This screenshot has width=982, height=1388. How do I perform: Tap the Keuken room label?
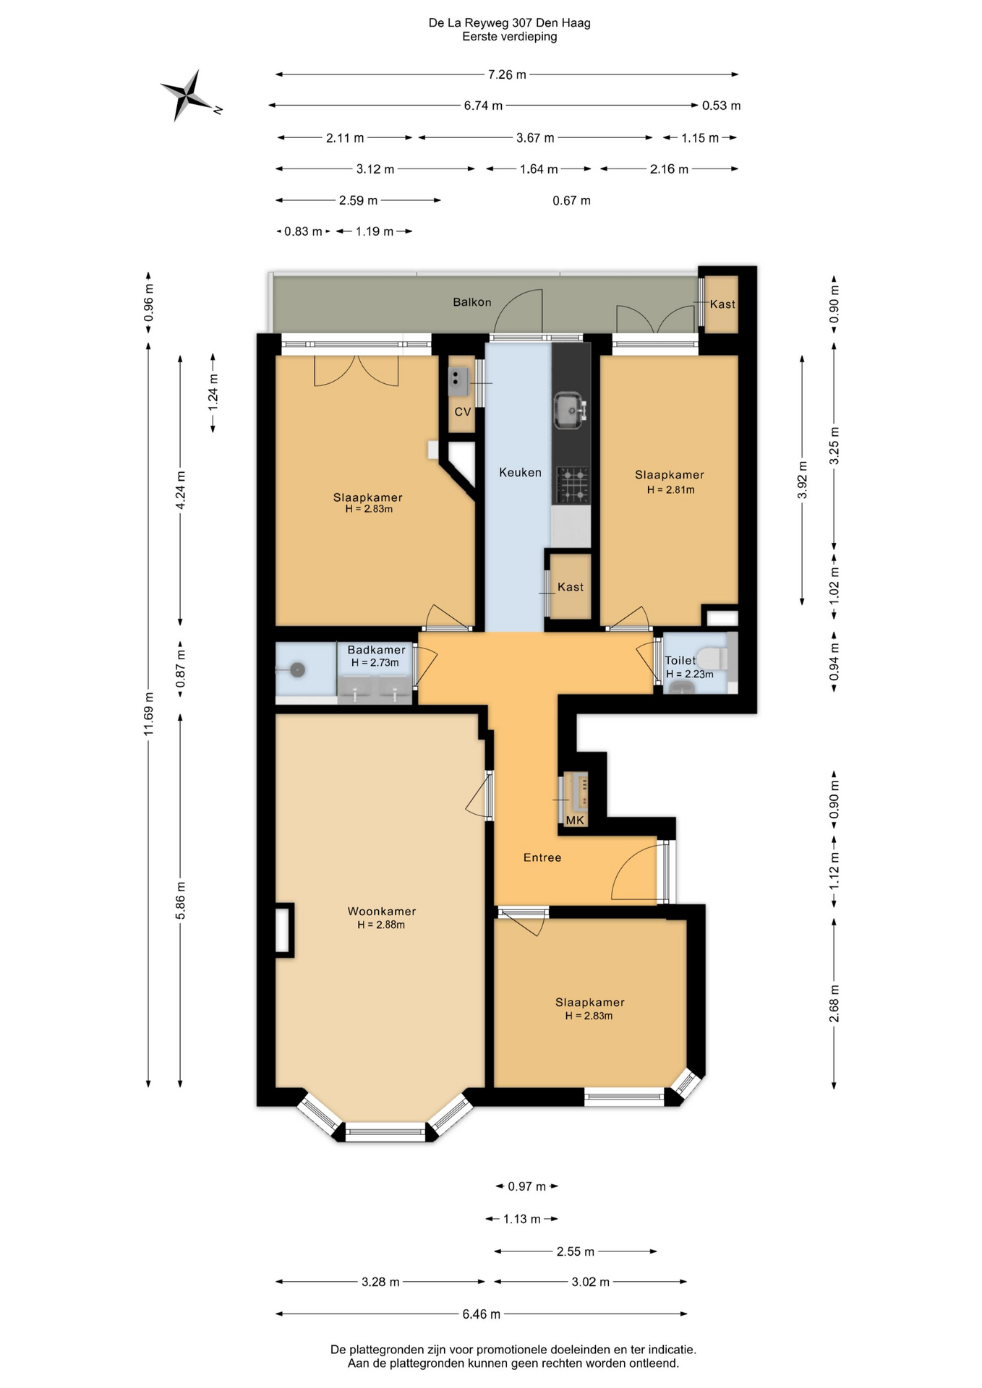tap(520, 472)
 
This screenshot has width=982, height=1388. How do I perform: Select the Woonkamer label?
tap(382, 911)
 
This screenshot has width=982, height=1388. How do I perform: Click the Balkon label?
tap(472, 302)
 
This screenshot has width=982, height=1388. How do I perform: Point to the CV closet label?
tap(463, 412)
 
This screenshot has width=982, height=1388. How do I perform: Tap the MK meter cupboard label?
tap(575, 821)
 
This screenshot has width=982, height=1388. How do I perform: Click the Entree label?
tap(542, 857)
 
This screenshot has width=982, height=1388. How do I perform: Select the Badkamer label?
tap(376, 650)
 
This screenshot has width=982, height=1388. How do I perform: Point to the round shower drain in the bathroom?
tap(297, 670)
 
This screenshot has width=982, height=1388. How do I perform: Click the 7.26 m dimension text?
tap(507, 74)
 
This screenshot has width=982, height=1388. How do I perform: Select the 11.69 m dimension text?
tap(148, 714)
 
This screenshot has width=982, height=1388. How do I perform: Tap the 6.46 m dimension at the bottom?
tap(482, 1314)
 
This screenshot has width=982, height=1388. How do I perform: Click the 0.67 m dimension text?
tap(571, 200)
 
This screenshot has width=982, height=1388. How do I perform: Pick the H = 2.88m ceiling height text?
tap(381, 925)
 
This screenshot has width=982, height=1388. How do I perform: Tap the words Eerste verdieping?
tap(510, 37)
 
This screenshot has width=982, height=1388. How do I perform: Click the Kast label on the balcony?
tap(722, 304)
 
